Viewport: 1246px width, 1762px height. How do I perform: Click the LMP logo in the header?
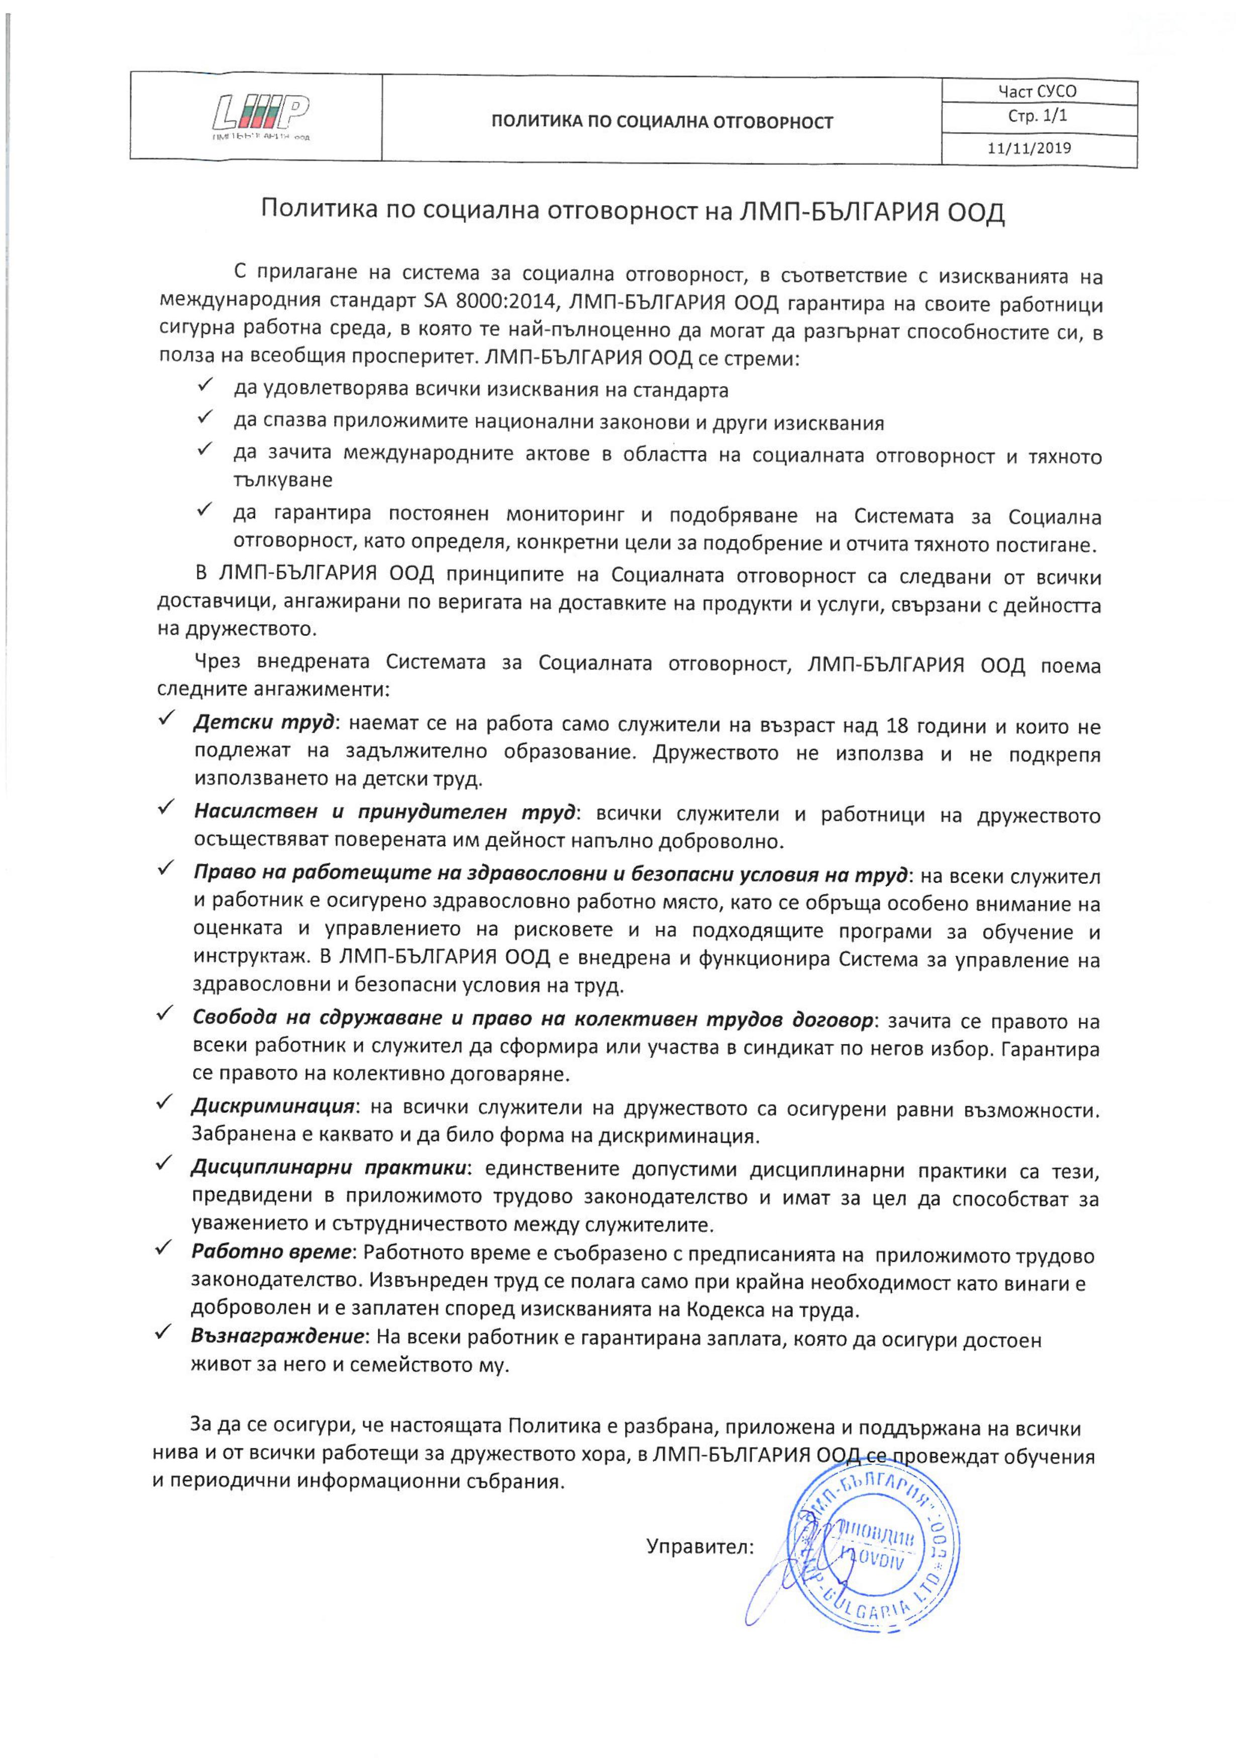click(x=261, y=116)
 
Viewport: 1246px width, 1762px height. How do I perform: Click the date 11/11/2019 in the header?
click(x=1029, y=148)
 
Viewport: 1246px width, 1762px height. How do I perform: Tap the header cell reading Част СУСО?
click(x=1037, y=91)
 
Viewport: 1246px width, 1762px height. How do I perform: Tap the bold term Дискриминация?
click(x=272, y=1108)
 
